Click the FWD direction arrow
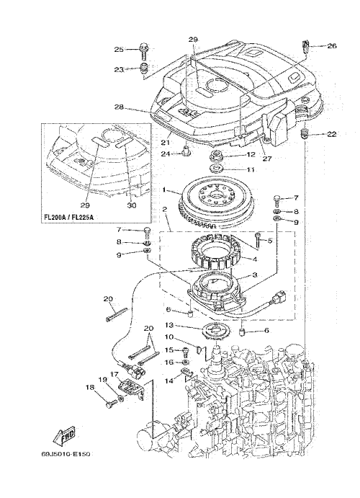[64, 435]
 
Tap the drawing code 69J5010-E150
[66, 454]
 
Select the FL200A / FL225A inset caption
[68, 218]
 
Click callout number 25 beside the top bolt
[119, 49]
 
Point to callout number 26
[332, 45]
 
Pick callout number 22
[332, 134]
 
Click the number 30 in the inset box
[131, 205]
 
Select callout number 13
[170, 325]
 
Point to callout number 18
[90, 387]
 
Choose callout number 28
[119, 107]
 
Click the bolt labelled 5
[257, 241]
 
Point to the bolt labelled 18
[111, 405]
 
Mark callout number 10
[169, 336]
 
